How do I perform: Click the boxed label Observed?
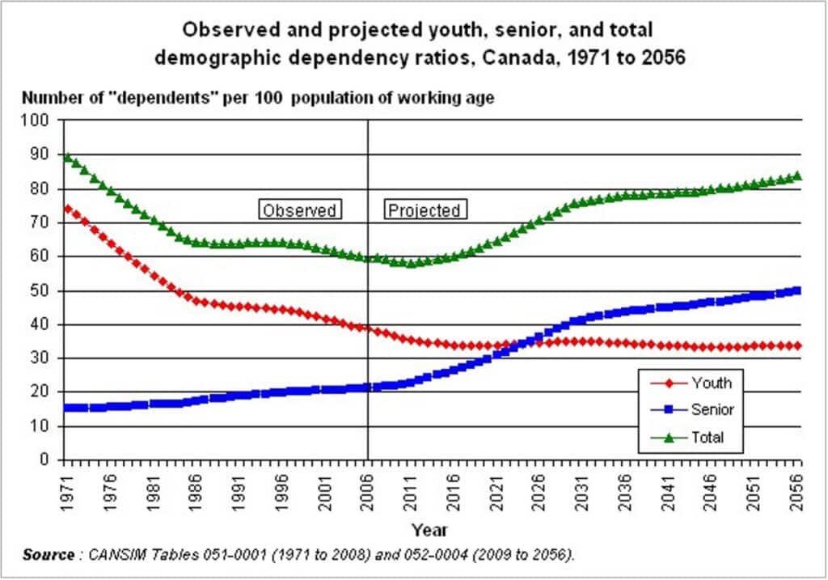299,210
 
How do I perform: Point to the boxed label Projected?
425,210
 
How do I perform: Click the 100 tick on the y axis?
40,121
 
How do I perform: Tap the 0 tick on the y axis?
47,459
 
